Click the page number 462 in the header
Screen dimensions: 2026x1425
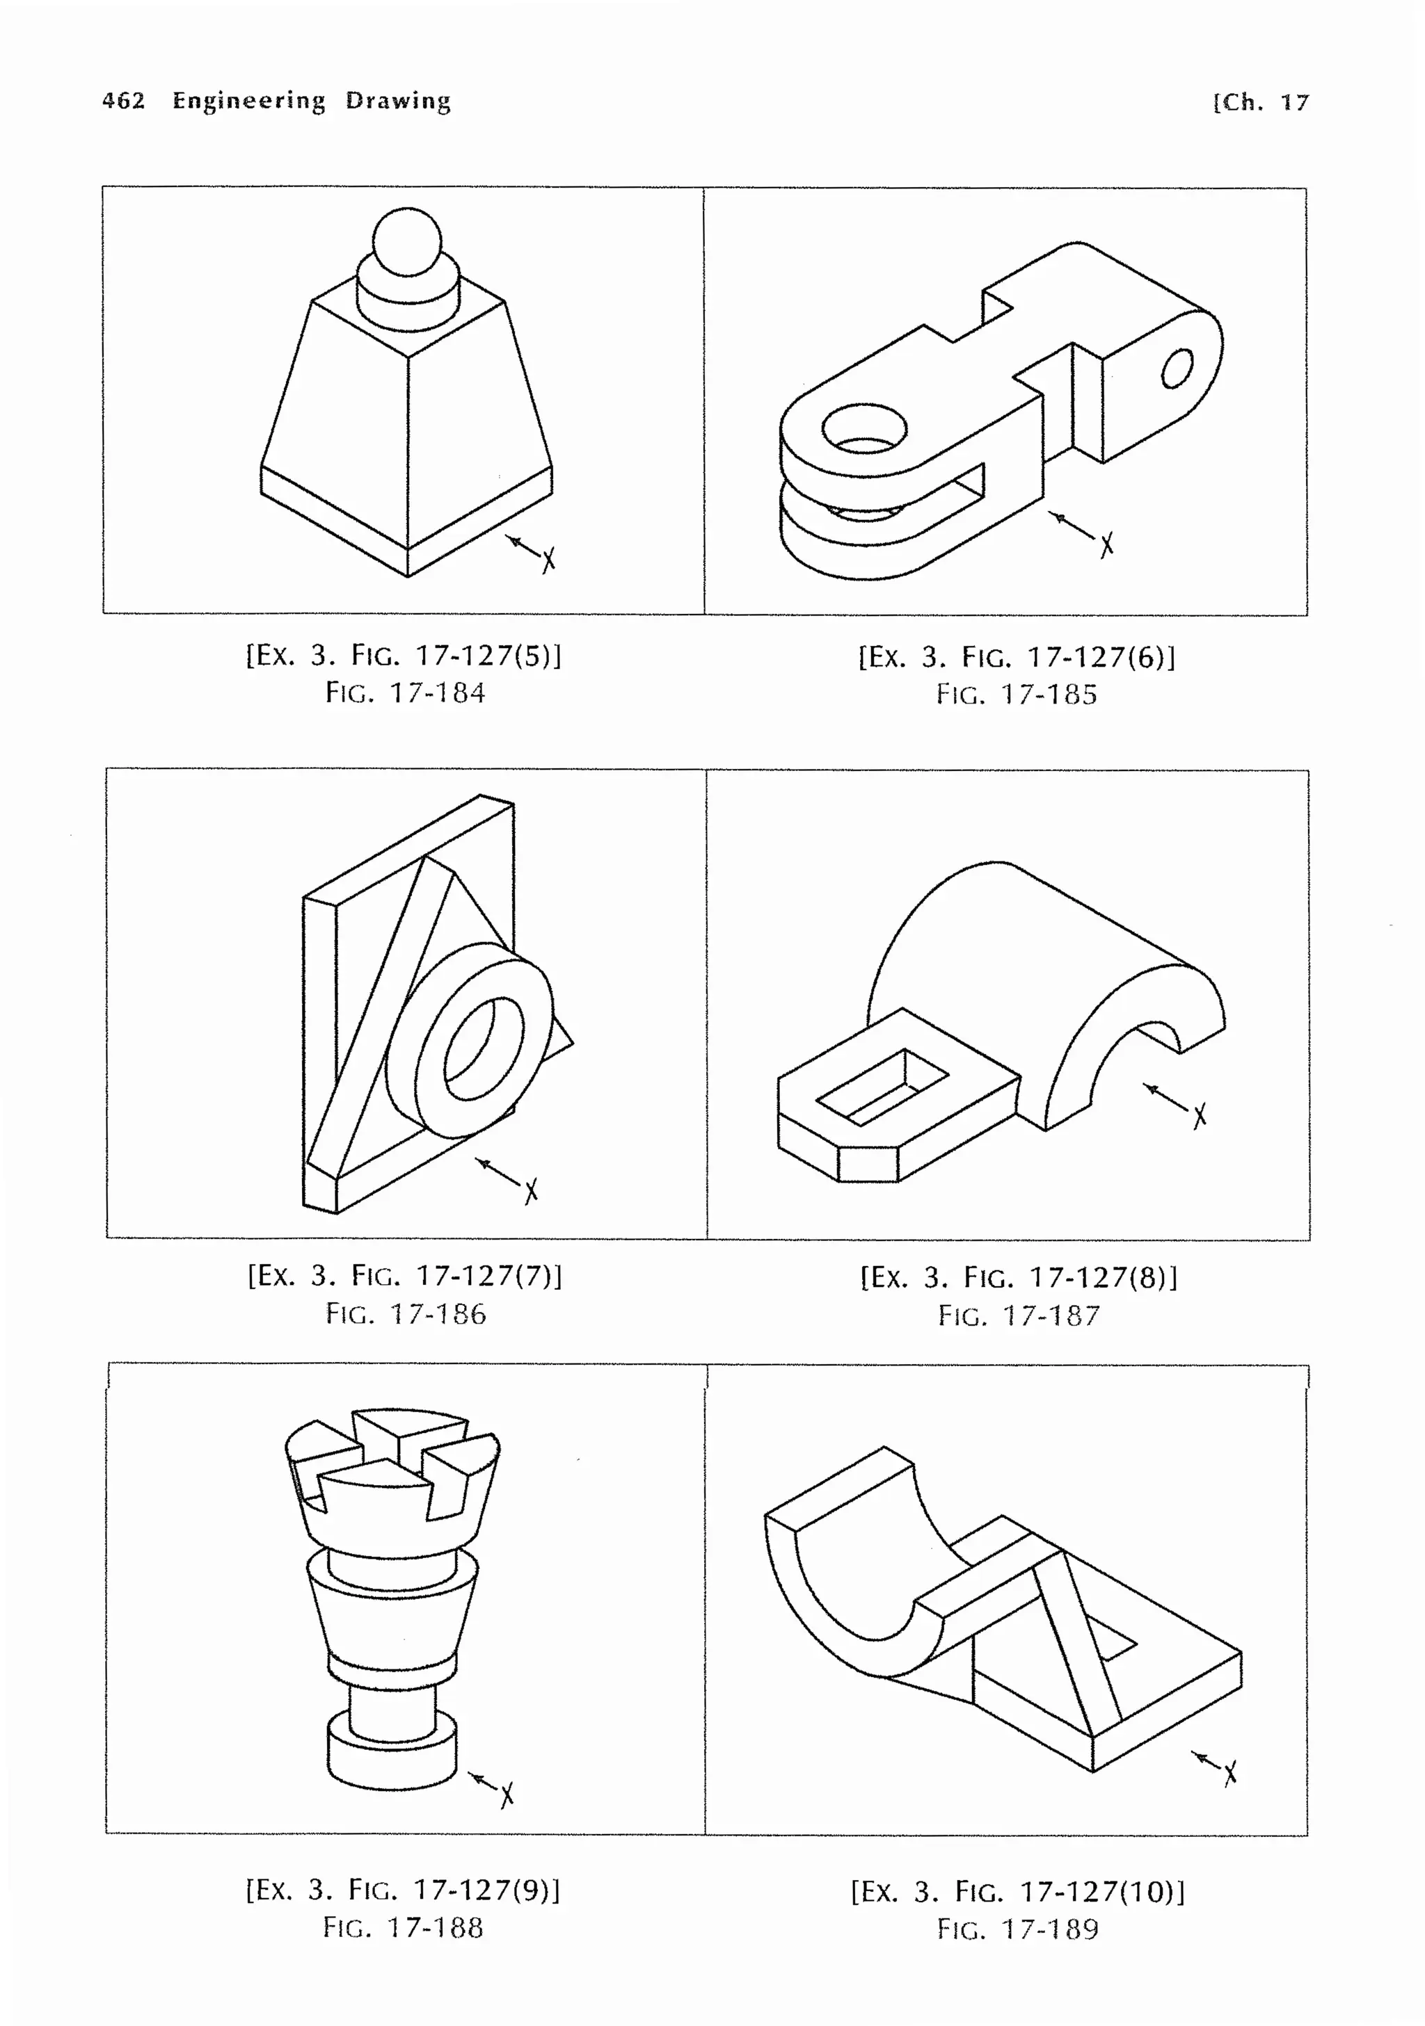coord(124,101)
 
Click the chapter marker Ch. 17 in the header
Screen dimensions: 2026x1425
coord(1263,102)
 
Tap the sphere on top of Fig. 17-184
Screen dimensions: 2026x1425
coord(406,240)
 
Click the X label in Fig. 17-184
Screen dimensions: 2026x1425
coord(548,560)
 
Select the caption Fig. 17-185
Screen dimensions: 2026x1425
coord(1017,695)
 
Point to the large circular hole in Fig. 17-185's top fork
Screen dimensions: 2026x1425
coord(864,430)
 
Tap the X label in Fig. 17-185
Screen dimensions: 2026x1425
coord(1106,544)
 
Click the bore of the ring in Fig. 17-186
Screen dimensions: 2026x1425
coord(484,1048)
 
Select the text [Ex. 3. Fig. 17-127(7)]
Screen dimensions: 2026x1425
coord(404,1275)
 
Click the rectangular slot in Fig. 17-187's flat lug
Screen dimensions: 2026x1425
coord(881,1087)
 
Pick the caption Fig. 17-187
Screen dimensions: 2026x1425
coord(1019,1315)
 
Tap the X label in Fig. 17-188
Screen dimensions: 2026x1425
coord(507,1794)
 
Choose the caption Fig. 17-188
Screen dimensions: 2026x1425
coord(404,1927)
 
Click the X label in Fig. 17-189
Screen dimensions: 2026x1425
coord(1230,1774)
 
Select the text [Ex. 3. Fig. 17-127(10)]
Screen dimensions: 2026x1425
coord(1017,1892)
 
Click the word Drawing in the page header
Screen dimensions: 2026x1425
coord(397,101)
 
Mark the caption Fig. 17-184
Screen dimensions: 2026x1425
coord(405,692)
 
